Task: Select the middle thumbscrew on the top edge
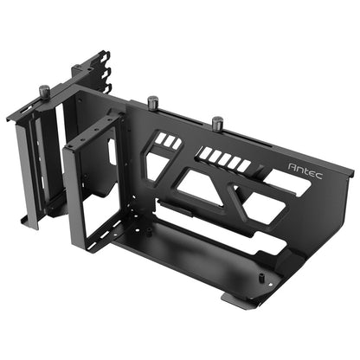tap(153, 103)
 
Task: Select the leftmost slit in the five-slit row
tap(205, 153)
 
